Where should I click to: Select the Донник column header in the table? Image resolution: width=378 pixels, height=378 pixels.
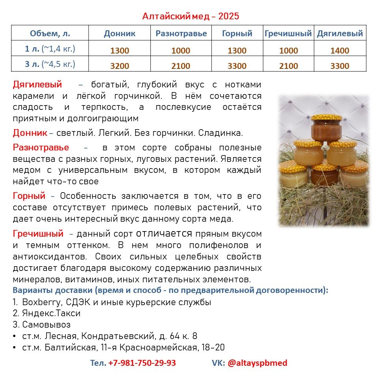[119, 33]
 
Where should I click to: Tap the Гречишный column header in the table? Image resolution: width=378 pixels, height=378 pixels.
[288, 33]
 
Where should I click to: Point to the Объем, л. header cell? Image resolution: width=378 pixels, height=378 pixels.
[50, 33]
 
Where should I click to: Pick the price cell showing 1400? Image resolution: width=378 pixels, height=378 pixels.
[340, 51]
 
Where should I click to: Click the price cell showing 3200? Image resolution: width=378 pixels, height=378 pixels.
[119, 66]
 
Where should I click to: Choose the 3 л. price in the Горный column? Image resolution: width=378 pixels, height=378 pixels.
[237, 66]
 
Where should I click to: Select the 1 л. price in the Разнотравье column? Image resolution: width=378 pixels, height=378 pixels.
[181, 51]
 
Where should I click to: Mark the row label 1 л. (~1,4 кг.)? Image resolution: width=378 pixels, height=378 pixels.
[50, 49]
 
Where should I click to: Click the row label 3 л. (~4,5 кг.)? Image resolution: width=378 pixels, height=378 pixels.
[50, 64]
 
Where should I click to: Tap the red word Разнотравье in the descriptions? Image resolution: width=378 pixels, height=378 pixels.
[41, 148]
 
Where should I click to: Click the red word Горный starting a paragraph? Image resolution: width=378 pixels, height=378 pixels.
[29, 196]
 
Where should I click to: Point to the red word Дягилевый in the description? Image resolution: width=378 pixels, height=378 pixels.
[37, 84]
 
